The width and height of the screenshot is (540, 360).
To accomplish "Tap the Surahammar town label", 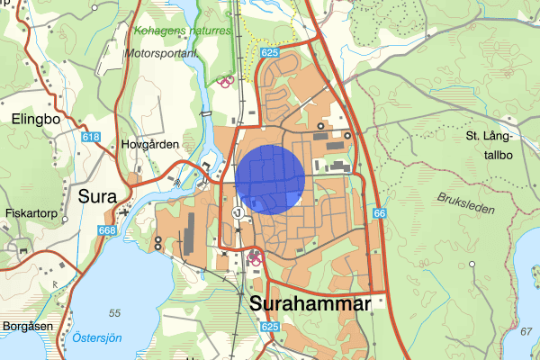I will click(x=310, y=306).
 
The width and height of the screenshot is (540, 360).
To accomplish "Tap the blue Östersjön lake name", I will click(x=97, y=338).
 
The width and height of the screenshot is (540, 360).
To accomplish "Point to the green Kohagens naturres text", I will click(x=184, y=31).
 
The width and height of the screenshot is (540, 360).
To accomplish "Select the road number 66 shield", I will click(x=380, y=213).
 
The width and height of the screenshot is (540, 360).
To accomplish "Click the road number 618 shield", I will click(x=89, y=136).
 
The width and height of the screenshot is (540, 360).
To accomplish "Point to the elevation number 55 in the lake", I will click(x=114, y=312).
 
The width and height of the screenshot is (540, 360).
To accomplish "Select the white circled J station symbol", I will click(x=237, y=213).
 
